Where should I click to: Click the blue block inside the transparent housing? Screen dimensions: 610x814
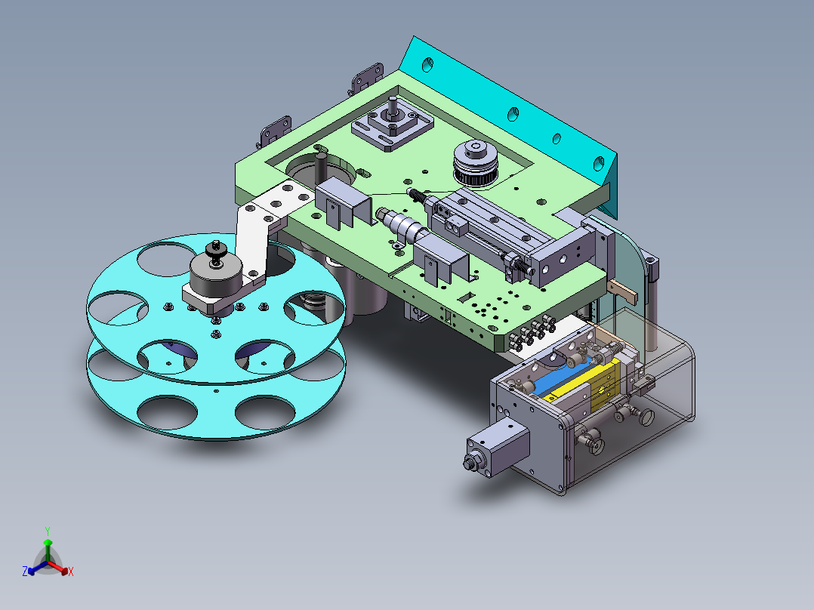coord(563,375)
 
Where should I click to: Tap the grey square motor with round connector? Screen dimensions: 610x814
coord(498,448)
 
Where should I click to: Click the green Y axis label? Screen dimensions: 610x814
coord(47,531)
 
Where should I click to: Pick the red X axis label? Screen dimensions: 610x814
coord(71,572)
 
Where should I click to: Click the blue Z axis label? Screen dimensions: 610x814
coord(24,572)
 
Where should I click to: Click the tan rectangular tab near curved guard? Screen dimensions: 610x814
coord(624,288)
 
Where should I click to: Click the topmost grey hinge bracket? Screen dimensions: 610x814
coord(368,77)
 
